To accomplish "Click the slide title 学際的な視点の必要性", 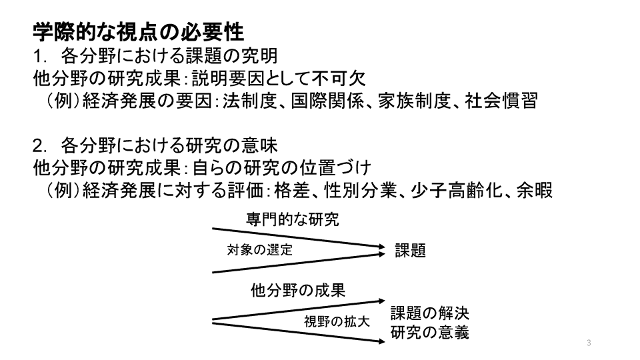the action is pos(139,32).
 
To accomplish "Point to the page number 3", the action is pos(589,343).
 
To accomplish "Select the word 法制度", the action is pos(250,101).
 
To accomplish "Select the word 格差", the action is pos(292,190).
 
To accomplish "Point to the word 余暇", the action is pos(534,190).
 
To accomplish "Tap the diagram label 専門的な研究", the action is pos(292,219).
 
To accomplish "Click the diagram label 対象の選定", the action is pos(259,250).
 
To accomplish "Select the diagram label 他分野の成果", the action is pos(298,291).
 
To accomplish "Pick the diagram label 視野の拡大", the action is pos(337,321).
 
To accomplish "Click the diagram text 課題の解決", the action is pos(430,313).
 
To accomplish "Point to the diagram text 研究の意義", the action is pos(430,333).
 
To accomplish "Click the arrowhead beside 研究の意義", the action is pos(382,341).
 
